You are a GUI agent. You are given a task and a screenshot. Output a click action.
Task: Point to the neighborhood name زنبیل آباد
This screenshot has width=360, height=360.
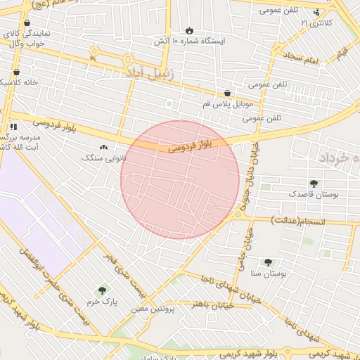tap(149, 72)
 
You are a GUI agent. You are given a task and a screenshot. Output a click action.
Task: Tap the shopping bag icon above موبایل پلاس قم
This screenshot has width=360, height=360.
tap(227, 93)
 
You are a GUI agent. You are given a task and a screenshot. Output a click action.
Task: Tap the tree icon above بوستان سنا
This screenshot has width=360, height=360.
tap(268, 262)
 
